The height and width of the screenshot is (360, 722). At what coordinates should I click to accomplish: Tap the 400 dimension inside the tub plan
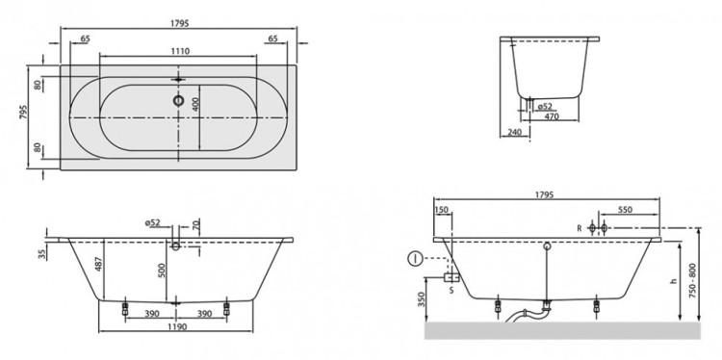[x=195, y=104]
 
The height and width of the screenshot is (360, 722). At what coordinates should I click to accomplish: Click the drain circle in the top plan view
[x=178, y=98]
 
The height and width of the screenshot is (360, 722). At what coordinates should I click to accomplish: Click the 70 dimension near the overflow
[x=194, y=225]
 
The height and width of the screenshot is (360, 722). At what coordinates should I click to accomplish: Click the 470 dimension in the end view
[x=552, y=117]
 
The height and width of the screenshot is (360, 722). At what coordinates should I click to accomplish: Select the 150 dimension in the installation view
[x=441, y=209]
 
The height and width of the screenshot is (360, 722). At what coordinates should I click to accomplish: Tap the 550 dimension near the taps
[x=625, y=209]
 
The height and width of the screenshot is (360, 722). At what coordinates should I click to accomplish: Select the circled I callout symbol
[x=414, y=258]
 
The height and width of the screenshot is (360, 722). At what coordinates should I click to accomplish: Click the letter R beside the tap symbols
[x=579, y=229]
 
